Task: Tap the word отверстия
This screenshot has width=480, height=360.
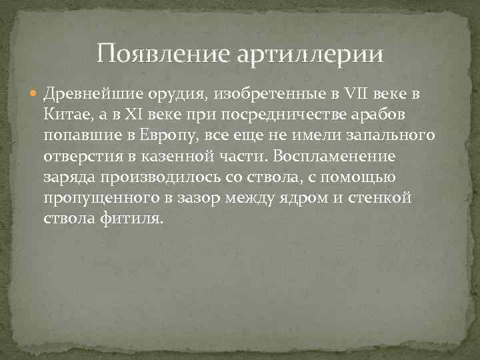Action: pyautogui.click(x=81, y=157)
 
